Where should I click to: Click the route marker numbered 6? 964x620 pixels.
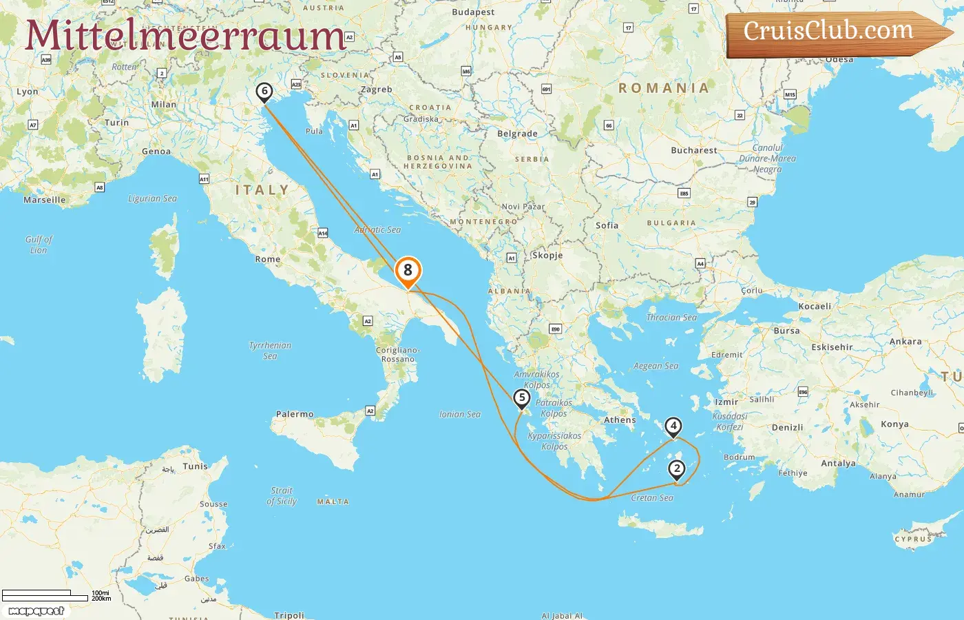[x=264, y=92]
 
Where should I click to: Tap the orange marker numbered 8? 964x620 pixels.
[x=408, y=271]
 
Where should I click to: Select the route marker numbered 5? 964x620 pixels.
[x=522, y=398]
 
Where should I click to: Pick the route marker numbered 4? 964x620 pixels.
[x=673, y=426]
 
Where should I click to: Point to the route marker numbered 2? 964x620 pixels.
[x=677, y=469]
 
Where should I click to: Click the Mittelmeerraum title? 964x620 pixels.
[x=185, y=36]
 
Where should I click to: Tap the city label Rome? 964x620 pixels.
[x=268, y=260]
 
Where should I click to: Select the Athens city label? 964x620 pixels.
[x=620, y=420]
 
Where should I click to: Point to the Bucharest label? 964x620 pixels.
[x=694, y=150]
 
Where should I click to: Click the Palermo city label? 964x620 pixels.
[x=295, y=415]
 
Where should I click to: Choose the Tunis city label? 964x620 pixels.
[x=195, y=466]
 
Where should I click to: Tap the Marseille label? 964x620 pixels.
[x=45, y=200]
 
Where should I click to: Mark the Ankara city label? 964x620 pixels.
[x=905, y=342]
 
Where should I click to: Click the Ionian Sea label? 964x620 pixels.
[x=460, y=415]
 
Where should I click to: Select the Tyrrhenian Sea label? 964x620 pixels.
[x=270, y=351]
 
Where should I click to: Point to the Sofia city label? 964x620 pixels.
[x=607, y=225]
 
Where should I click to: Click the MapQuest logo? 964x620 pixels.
[x=36, y=611]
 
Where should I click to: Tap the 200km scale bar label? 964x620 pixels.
[x=101, y=599]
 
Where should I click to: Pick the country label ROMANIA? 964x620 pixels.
[x=664, y=88]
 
